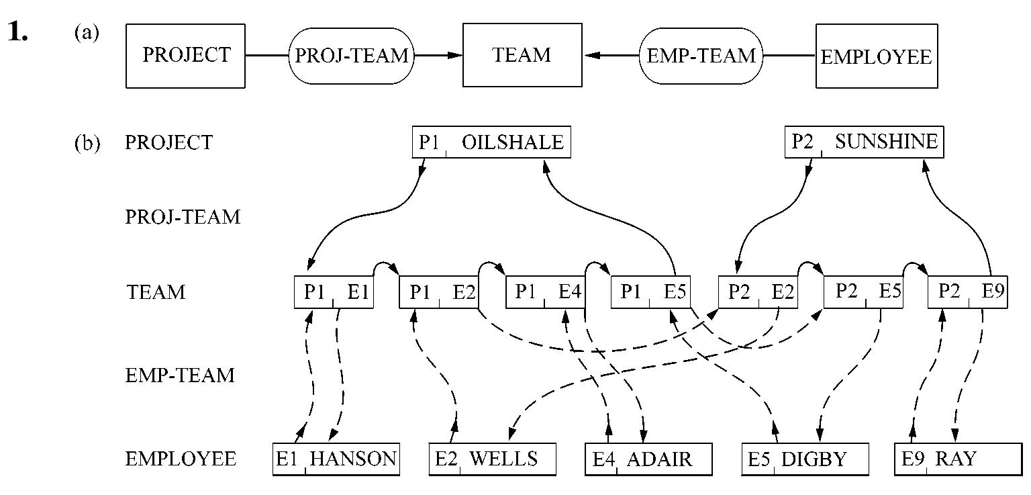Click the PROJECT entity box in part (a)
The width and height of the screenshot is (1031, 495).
click(x=185, y=56)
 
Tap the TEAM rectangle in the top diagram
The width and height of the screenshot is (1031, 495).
click(x=522, y=56)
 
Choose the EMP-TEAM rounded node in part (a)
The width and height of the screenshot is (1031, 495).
click(x=701, y=56)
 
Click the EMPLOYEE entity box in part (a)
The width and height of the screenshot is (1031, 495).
click(x=876, y=56)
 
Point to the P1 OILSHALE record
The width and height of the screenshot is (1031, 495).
click(x=491, y=142)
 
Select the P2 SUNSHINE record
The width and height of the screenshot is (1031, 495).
click(x=864, y=142)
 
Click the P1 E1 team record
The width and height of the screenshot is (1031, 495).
click(x=334, y=293)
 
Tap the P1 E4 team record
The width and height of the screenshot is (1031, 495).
click(x=545, y=293)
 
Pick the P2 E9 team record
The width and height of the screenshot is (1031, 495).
click(x=967, y=293)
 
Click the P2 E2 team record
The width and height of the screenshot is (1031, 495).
click(x=757, y=293)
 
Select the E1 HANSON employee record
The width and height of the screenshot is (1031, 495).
click(x=336, y=459)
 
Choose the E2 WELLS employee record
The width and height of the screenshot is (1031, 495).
click(x=492, y=459)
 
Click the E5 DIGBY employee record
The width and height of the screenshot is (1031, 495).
click(x=805, y=459)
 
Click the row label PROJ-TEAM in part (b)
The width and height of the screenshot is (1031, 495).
click(x=183, y=218)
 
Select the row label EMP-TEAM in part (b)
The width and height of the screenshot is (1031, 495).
click(x=180, y=375)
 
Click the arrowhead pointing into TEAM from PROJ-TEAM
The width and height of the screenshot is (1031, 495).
click(x=456, y=56)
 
